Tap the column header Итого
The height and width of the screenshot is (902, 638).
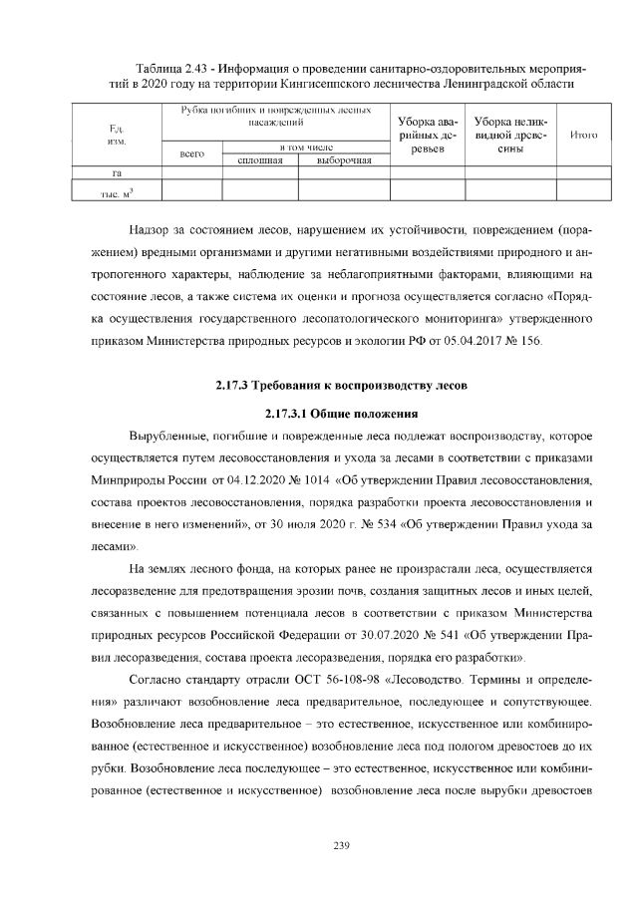[x=582, y=135]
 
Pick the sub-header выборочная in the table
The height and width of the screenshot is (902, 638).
[x=343, y=159]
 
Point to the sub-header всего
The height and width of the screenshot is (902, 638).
[x=191, y=153]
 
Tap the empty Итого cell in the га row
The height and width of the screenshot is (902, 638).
[x=582, y=172]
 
